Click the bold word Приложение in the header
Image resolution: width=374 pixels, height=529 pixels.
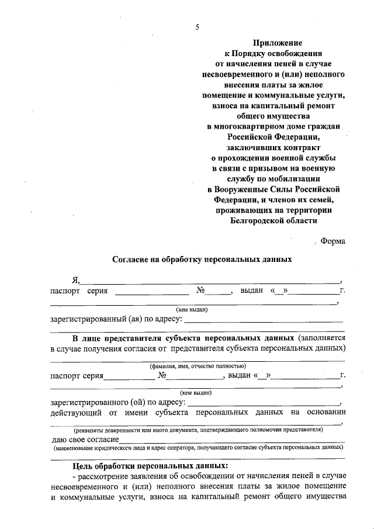[x=278, y=43]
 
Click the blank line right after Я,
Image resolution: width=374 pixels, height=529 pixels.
[x=210, y=280]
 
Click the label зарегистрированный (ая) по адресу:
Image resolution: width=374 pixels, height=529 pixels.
[x=116, y=320]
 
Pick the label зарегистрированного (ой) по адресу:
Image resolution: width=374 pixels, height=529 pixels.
[x=118, y=403]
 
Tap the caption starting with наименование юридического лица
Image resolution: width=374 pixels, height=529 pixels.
[x=197, y=448]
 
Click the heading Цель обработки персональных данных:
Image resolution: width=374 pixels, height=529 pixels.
[x=150, y=467]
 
